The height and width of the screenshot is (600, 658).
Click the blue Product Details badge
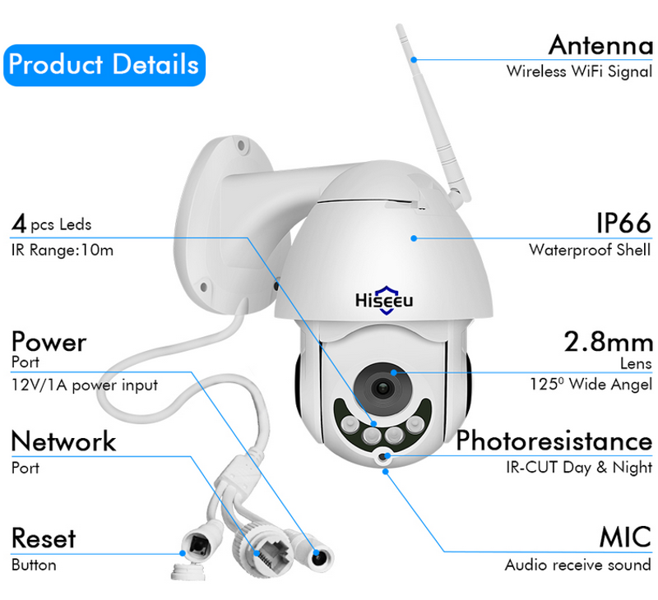104,66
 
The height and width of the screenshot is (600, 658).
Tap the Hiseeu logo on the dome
384,300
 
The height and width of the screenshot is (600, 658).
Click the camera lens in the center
382,388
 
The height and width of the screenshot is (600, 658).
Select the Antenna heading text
600,45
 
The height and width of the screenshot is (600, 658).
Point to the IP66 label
624,223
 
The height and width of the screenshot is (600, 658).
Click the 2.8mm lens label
608,341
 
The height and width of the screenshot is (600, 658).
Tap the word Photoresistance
554,441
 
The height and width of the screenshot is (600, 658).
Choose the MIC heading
625,537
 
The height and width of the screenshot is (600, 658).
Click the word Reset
44,538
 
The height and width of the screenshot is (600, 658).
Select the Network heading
64,441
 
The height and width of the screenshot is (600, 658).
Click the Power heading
49,342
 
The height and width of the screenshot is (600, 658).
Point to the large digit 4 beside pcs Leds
19,223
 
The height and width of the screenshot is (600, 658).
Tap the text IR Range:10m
63,251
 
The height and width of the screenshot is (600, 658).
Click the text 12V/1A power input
85,385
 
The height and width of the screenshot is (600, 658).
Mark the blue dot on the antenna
414,60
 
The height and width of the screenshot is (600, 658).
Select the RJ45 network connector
265,552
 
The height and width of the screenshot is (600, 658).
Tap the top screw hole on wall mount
241,145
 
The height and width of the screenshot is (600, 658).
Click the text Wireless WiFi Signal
580,72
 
